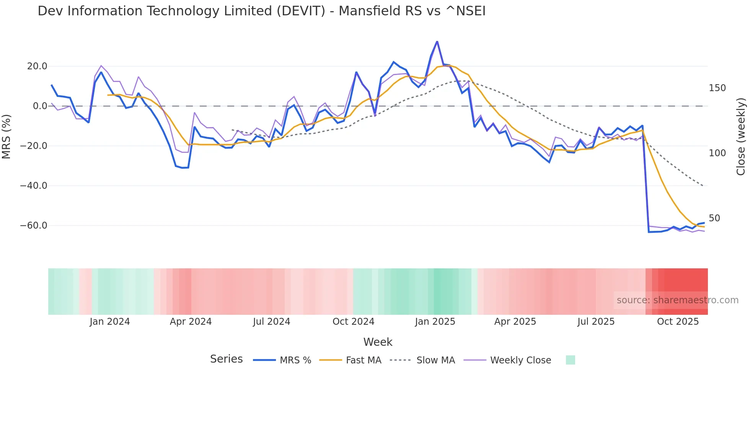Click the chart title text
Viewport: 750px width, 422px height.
pyautogui.click(x=261, y=11)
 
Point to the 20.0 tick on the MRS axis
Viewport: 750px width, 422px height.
pyautogui.click(x=37, y=66)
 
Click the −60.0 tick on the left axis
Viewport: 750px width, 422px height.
pyautogui.click(x=34, y=226)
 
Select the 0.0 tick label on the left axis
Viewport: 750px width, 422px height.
pyautogui.click(x=40, y=106)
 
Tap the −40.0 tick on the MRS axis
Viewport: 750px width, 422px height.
pyautogui.click(x=34, y=186)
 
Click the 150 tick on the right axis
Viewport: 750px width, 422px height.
pyautogui.click(x=717, y=88)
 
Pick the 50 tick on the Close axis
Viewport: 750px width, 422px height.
pyautogui.click(x=714, y=218)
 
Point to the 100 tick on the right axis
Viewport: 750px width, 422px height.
pyautogui.click(x=717, y=153)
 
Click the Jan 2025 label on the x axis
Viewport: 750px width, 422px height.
pyautogui.click(x=435, y=322)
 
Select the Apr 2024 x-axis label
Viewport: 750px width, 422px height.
pyautogui.click(x=191, y=322)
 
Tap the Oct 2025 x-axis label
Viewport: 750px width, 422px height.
pyautogui.click(x=678, y=322)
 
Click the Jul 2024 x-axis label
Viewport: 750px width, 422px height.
pyautogui.click(x=271, y=322)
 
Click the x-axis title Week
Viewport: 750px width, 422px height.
pyautogui.click(x=378, y=342)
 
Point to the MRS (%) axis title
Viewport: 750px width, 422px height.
pyautogui.click(x=7, y=137)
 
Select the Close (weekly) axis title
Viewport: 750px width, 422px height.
pyautogui.click(x=741, y=137)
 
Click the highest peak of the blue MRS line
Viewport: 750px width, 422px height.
pyautogui.click(x=437, y=41)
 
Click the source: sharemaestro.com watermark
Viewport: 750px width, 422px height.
pyautogui.click(x=677, y=300)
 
